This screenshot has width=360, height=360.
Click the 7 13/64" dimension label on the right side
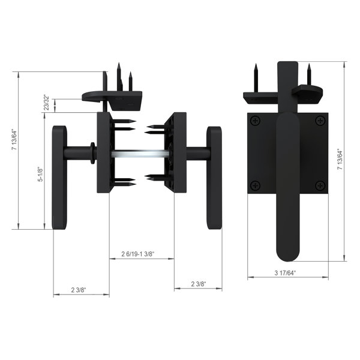pyautogui.click(x=340, y=160)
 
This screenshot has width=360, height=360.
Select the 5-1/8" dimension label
pyautogui.click(x=40, y=174)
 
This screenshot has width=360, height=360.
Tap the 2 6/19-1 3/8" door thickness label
pyautogui.click(x=138, y=254)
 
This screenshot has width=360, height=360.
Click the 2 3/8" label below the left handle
pyautogui.click(x=79, y=290)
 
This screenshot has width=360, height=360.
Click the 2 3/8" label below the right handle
pyautogui.click(x=198, y=284)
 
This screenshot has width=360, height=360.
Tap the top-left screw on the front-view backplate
pyautogui.click(x=256, y=122)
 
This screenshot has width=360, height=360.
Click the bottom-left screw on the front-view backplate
pyautogui.click(x=256, y=184)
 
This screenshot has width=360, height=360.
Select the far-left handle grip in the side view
pyautogui.click(x=59, y=177)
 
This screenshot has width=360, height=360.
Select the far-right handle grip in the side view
pyautogui.click(x=214, y=177)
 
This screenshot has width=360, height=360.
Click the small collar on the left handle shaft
pyautogui.click(x=91, y=154)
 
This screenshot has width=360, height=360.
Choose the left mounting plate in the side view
pyautogui.click(x=103, y=152)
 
